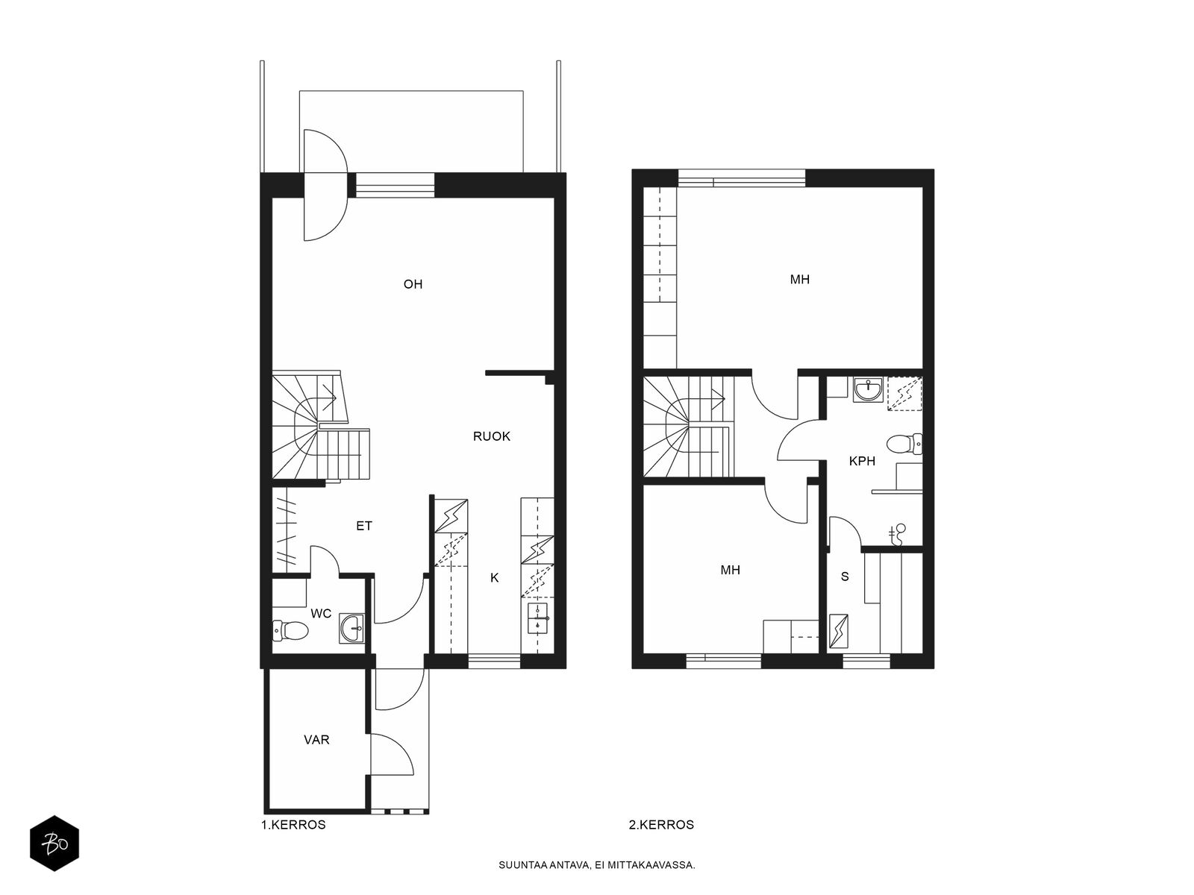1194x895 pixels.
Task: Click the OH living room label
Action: pos(413,284)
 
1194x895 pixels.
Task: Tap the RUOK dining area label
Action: pos(492,436)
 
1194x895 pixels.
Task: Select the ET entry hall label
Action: pos(364,526)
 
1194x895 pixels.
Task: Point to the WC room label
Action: pos(321,614)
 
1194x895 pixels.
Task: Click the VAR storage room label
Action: pos(316,740)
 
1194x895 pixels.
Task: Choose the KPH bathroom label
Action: pos(862,462)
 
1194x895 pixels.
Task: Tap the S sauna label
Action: pos(845,577)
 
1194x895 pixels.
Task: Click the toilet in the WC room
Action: pos(290,630)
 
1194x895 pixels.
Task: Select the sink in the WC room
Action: pos(352,628)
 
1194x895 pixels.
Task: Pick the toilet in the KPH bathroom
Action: pos(904,444)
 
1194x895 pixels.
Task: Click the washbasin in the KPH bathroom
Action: pos(868,389)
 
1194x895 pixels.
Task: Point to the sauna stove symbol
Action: pos(838,631)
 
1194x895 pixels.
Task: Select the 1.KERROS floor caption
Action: pos(293,825)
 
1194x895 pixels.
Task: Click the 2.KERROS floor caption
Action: pos(661,825)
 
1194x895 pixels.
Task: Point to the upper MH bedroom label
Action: pos(800,279)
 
